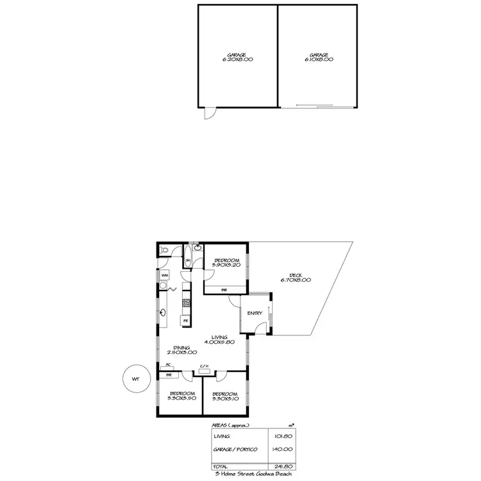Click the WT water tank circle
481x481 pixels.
click(135, 379)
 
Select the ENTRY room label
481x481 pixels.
click(255, 313)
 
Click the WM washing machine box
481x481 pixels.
click(164, 275)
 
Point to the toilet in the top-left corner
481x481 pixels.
click(163, 249)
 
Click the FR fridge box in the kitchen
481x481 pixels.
click(185, 320)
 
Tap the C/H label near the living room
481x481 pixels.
click(205, 366)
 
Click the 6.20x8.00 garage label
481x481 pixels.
click(237, 59)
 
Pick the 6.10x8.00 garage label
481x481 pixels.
click(319, 59)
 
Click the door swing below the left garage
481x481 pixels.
click(208, 113)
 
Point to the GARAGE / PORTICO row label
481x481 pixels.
click(235, 450)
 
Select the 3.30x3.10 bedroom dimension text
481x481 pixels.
click(224, 398)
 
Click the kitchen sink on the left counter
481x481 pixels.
click(164, 313)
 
